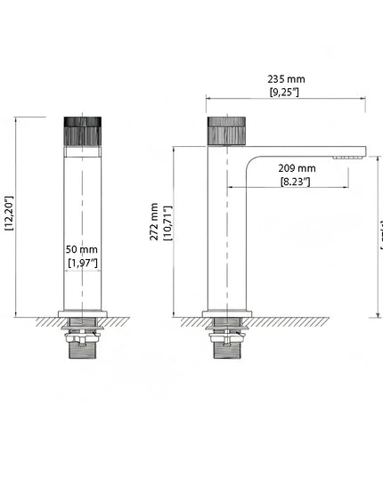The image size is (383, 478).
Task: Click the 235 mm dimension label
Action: [x=287, y=78]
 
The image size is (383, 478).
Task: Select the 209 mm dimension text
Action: [x=297, y=168]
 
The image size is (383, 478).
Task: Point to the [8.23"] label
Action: [x=295, y=182]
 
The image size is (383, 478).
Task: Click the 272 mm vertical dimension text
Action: [x=154, y=222]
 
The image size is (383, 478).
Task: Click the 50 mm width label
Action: [x=82, y=250]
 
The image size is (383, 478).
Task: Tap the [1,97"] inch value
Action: [x=83, y=263]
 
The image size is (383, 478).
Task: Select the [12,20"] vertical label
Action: [x=9, y=214]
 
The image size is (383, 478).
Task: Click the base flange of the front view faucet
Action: [x=84, y=314]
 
